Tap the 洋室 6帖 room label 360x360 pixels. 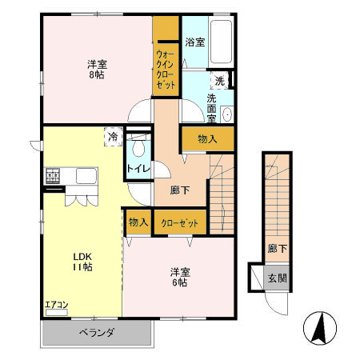tap(178, 276)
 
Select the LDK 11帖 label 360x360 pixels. tap(82, 262)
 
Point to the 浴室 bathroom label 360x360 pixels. tap(194, 42)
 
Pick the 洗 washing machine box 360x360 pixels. tap(219, 80)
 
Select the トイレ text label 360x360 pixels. tap(134, 170)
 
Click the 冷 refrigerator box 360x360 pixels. tap(114, 137)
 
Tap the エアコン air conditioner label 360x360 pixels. tap(56, 304)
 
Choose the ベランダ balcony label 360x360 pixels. tap(97, 333)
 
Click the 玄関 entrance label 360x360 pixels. tap(276, 278)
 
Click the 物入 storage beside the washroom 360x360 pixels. tap(207, 140)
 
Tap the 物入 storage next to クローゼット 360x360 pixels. tap(138, 222)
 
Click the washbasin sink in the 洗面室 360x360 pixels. tap(226, 114)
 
